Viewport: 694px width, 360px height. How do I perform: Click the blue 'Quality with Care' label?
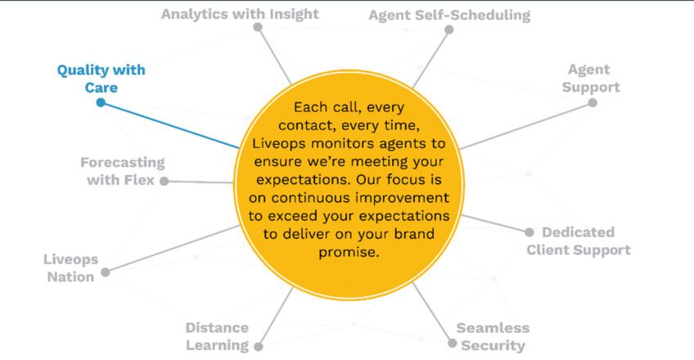[x=101, y=79]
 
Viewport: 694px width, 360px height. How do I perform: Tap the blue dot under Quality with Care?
[x=101, y=102]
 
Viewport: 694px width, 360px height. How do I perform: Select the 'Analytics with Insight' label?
[x=240, y=14]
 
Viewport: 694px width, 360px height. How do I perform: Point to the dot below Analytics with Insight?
[x=258, y=28]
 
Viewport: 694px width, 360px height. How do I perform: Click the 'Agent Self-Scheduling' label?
[x=449, y=15]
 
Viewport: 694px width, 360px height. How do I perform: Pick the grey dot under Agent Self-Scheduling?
[x=448, y=29]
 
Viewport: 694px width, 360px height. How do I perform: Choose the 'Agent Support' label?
[x=591, y=79]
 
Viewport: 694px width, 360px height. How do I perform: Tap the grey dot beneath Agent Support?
[x=593, y=103]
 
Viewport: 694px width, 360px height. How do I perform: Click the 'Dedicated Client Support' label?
[x=579, y=241]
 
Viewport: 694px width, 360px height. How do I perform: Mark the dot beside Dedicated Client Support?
[x=530, y=232]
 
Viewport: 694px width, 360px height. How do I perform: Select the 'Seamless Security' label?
[x=493, y=336]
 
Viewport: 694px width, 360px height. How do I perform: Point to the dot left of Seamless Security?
[x=452, y=343]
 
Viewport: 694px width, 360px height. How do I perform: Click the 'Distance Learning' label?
[x=218, y=336]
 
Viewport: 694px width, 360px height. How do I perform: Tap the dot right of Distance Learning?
[x=259, y=347]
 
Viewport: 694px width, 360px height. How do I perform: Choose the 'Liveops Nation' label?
[x=71, y=268]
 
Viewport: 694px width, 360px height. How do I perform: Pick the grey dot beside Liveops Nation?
[x=106, y=272]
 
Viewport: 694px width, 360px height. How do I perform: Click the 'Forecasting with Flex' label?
[x=122, y=171]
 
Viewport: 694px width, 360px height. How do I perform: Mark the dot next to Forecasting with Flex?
[x=164, y=181]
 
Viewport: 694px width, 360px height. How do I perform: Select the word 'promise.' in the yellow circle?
[x=349, y=252]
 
